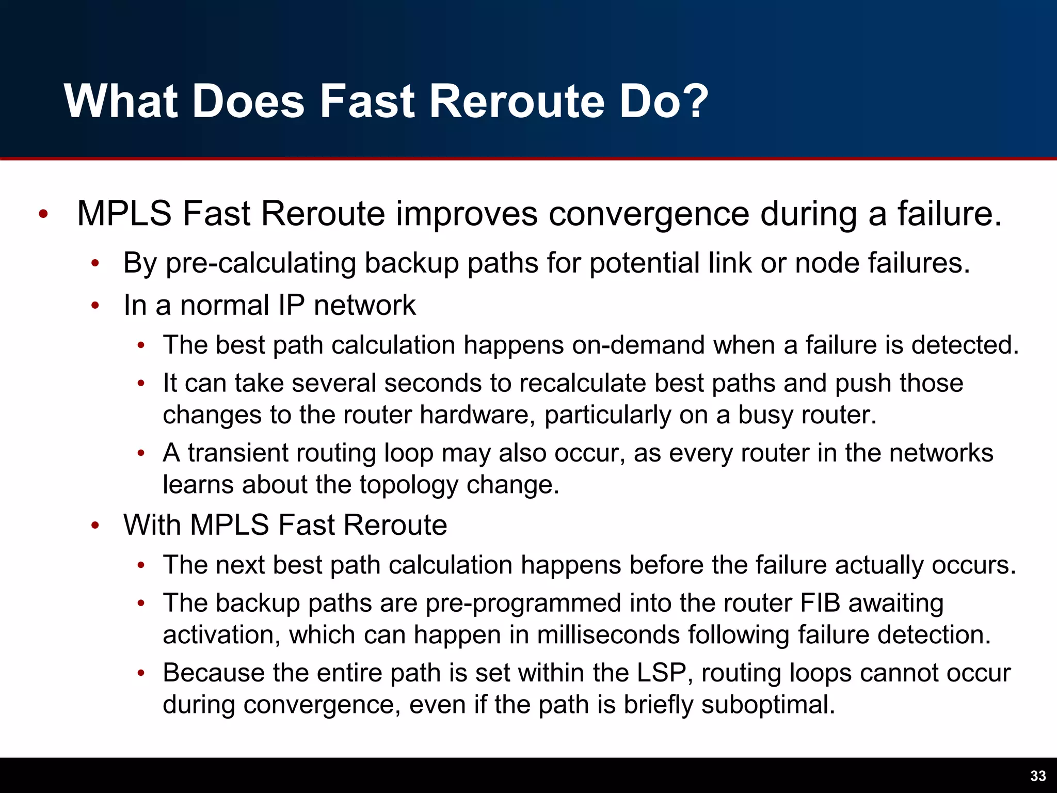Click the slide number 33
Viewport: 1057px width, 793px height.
(x=1038, y=776)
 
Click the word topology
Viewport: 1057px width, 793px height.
(x=408, y=485)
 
